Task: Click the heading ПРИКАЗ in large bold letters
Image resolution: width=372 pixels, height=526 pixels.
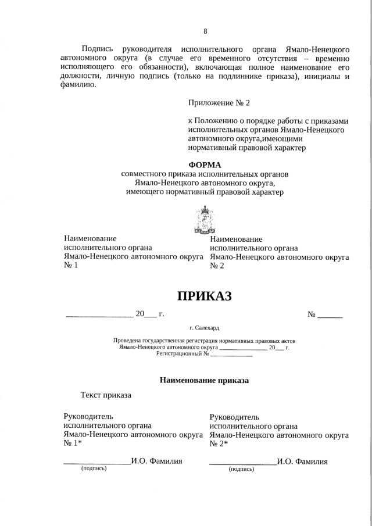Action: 204,296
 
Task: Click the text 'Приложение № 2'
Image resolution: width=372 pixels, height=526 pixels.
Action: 219,103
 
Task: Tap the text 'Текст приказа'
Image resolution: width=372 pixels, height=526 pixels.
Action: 106,396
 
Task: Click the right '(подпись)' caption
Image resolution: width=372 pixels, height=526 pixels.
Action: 241,468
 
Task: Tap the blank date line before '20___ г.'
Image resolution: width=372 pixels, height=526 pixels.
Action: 99,315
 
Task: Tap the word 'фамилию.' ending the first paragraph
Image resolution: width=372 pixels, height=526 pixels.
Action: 77,85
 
